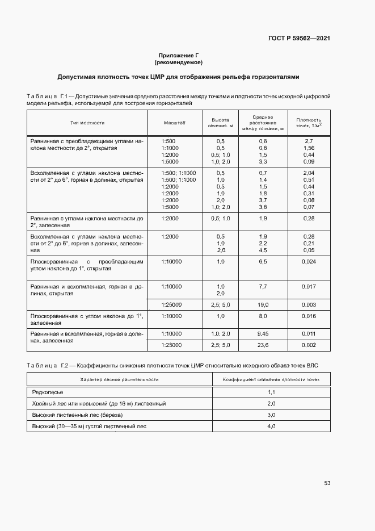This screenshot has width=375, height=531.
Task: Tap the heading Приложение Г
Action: click(x=178, y=55)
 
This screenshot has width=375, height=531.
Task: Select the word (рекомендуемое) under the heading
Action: click(x=178, y=62)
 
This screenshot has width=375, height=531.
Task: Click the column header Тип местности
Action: click(x=87, y=123)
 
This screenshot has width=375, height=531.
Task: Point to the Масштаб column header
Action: click(x=175, y=123)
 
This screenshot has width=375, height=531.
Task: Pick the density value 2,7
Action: click(x=309, y=140)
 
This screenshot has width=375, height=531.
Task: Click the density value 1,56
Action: click(x=309, y=148)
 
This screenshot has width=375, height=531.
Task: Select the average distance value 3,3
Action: click(x=263, y=162)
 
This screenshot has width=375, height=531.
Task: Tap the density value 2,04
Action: click(x=309, y=173)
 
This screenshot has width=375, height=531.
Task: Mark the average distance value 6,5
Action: click(x=263, y=261)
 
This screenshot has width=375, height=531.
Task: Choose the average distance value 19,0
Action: click(x=263, y=305)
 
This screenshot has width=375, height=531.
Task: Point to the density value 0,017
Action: click(x=309, y=286)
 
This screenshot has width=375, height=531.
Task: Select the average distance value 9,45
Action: click(x=263, y=333)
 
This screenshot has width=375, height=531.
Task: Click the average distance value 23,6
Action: click(x=263, y=345)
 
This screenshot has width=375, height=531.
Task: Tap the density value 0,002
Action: click(x=309, y=345)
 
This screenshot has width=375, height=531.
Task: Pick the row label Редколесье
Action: click(x=48, y=392)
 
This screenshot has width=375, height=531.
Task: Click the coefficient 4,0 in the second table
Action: click(x=271, y=426)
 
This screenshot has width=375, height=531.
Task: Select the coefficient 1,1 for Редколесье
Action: click(x=271, y=392)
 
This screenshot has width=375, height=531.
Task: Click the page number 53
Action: click(x=327, y=483)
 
